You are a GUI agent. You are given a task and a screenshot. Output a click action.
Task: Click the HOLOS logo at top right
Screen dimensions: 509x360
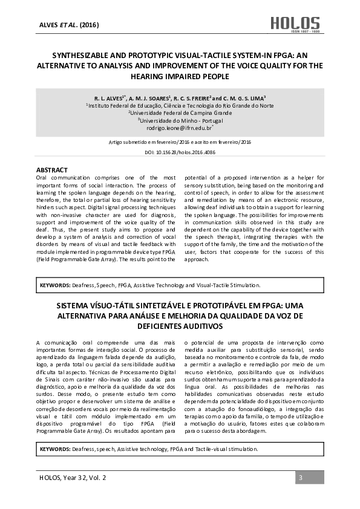click(303, 24)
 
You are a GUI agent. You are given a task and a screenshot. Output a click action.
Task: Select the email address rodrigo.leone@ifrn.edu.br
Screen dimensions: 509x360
click(179, 128)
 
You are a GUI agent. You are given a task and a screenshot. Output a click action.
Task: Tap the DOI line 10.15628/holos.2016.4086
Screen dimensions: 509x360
click(180, 154)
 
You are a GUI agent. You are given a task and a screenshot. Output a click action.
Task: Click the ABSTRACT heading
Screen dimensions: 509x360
click(52, 170)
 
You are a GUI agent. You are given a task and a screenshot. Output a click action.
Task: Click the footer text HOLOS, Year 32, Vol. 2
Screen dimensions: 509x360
click(71, 478)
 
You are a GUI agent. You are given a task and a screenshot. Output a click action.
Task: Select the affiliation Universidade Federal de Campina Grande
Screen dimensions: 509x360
click(180, 112)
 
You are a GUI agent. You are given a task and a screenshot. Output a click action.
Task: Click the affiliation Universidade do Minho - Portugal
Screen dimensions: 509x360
click(180, 120)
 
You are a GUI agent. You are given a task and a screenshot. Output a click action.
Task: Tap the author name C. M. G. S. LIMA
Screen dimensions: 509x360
click(245, 97)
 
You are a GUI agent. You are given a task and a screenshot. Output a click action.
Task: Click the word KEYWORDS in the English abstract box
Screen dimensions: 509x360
click(54, 284)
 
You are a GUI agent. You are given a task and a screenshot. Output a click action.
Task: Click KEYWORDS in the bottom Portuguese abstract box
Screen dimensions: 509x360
click(54, 449)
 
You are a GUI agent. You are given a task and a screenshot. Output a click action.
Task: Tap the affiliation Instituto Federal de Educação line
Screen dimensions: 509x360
click(180, 105)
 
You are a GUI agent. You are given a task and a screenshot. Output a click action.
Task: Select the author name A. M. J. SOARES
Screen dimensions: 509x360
click(150, 97)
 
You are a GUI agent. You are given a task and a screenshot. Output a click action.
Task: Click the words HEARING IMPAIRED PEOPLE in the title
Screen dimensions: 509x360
click(180, 76)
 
